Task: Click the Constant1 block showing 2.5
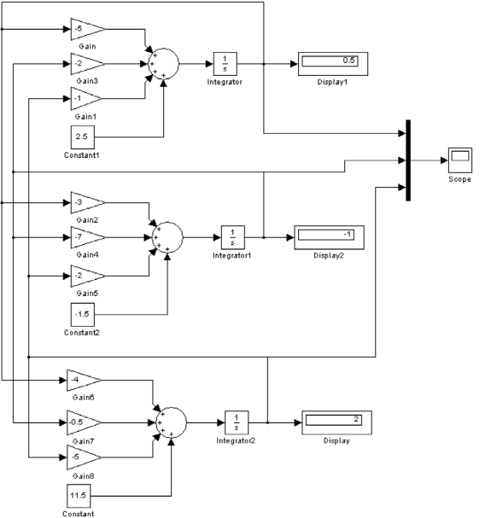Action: (x=83, y=137)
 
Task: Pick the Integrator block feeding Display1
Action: (x=225, y=64)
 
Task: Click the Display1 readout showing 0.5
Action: (x=333, y=64)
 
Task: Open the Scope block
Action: (x=460, y=160)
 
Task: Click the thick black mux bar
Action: (x=408, y=160)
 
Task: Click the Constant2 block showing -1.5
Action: (x=83, y=315)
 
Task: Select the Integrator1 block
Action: (x=233, y=237)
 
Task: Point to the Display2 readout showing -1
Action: (x=329, y=237)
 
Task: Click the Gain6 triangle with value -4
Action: (x=83, y=381)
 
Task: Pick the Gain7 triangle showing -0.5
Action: (x=83, y=422)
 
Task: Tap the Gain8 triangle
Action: (x=83, y=457)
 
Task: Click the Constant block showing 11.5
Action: (x=79, y=496)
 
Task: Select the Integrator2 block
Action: (x=237, y=422)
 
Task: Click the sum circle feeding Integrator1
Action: (x=167, y=237)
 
